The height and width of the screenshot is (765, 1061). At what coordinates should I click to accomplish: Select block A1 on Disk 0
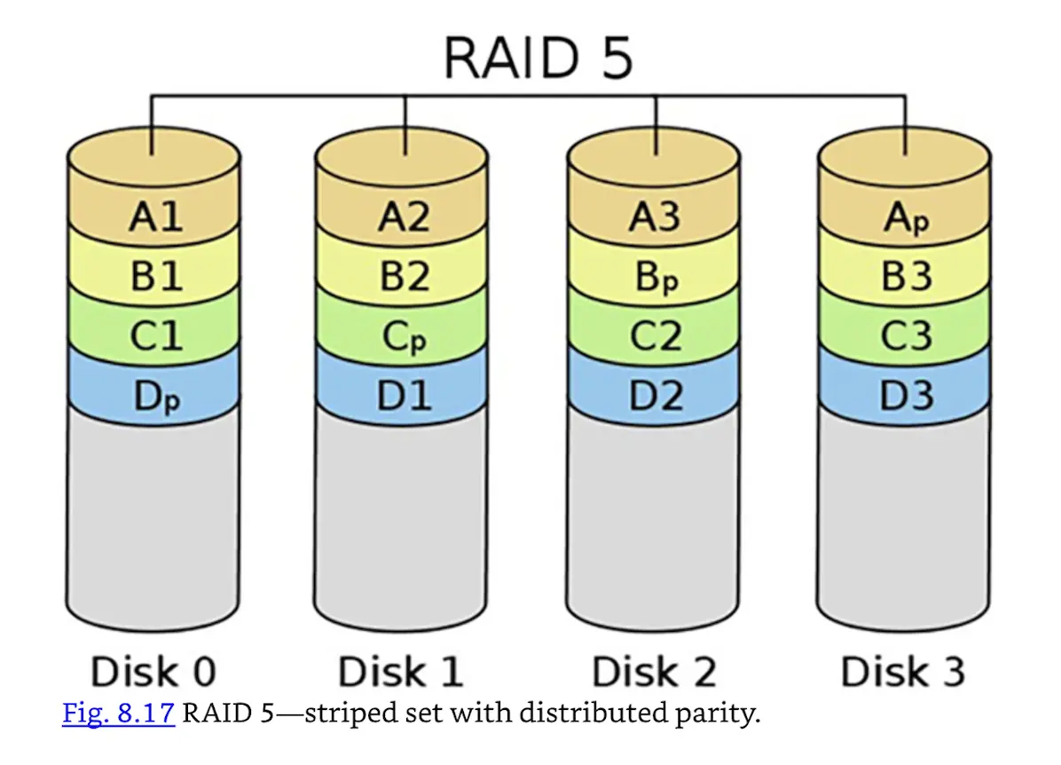click(x=155, y=216)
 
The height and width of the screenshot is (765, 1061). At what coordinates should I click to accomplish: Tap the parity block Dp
click(x=155, y=397)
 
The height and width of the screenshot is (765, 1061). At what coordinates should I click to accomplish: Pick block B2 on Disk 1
click(x=405, y=276)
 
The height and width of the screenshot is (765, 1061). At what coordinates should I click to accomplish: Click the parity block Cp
click(x=405, y=337)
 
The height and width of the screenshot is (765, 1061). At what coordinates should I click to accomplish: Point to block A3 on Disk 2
click(x=656, y=216)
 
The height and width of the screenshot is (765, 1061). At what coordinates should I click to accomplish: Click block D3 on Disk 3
click(x=906, y=396)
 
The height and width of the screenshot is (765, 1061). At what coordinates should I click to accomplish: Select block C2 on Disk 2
click(x=656, y=336)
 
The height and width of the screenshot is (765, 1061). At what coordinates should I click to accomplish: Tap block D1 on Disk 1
click(x=405, y=396)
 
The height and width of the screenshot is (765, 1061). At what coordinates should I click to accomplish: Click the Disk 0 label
click(x=153, y=672)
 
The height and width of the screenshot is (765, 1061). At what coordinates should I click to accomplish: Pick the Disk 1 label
click(x=401, y=672)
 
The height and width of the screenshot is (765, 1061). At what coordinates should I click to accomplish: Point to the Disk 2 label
click(x=654, y=672)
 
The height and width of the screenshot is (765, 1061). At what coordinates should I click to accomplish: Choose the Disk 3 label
click(x=903, y=672)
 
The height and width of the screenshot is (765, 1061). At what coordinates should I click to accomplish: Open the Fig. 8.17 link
click(x=118, y=714)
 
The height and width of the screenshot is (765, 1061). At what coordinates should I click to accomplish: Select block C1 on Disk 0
click(x=155, y=336)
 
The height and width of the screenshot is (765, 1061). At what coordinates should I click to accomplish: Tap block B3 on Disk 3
click(x=906, y=277)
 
